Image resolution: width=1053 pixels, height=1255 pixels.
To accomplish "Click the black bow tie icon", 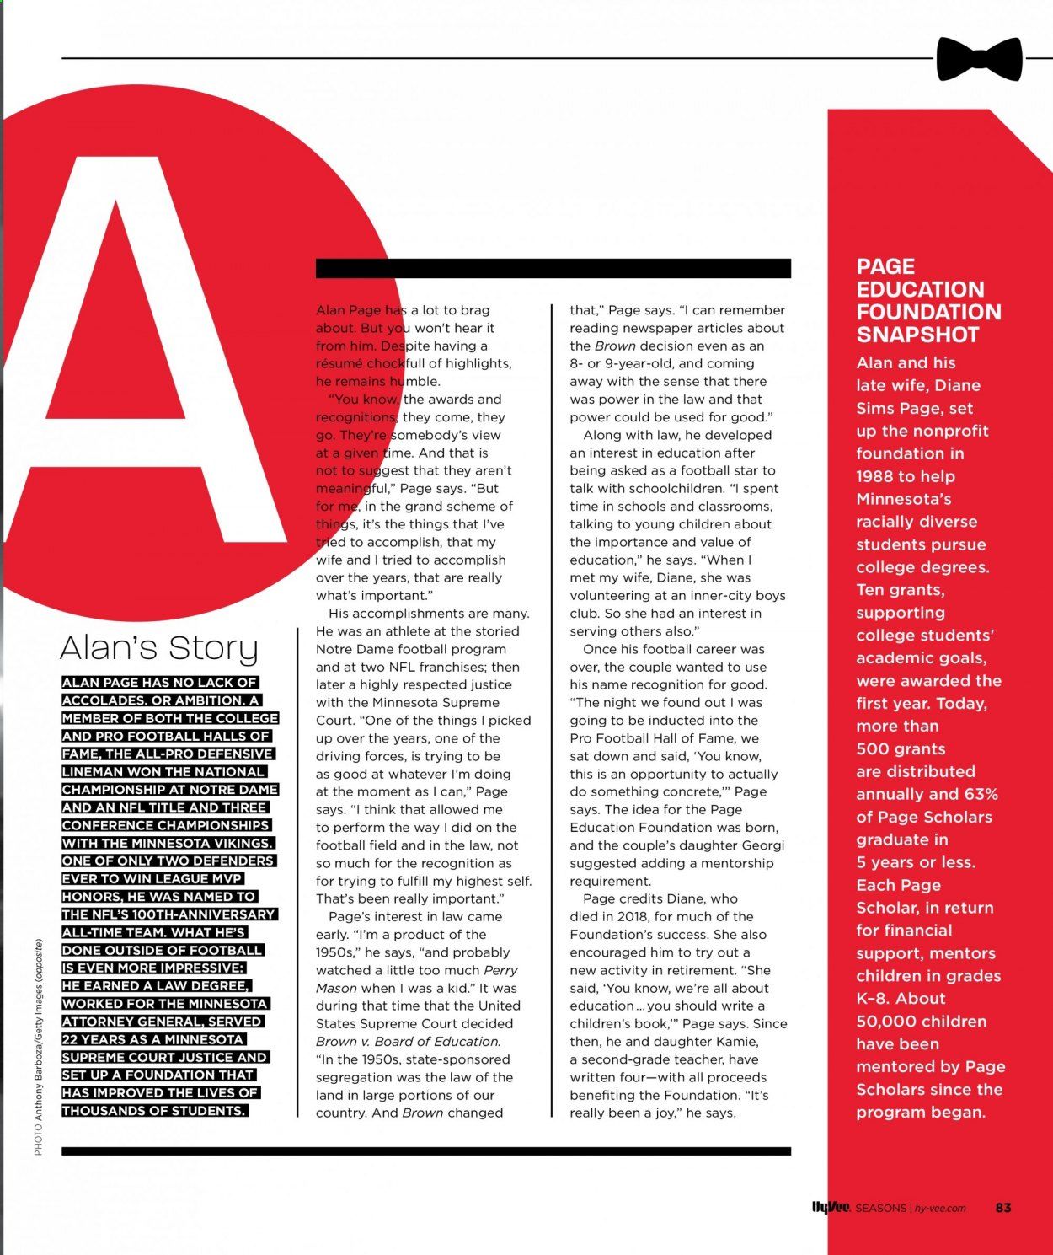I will point(979,59).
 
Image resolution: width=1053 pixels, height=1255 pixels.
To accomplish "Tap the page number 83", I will point(1002,1207).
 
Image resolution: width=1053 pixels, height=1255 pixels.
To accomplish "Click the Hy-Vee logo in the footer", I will point(831,1207).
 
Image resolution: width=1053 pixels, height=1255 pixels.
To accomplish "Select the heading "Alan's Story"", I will point(159,647).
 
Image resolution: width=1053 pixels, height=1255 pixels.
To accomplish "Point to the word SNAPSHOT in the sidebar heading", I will point(917,335).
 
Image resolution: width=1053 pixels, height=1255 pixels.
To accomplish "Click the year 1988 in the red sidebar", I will point(874,476).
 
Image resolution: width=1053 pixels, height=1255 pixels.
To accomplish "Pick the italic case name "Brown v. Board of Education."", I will point(408,1041).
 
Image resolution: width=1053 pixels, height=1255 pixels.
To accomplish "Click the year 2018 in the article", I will point(630,916).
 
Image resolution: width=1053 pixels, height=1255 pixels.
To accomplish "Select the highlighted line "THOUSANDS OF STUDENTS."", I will point(155,1110).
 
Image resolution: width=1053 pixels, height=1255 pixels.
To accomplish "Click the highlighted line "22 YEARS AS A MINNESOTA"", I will point(153,1039).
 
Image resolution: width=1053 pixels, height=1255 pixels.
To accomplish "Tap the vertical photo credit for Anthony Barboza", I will point(39,1046).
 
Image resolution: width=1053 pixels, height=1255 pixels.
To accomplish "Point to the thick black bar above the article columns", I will point(553,268).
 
